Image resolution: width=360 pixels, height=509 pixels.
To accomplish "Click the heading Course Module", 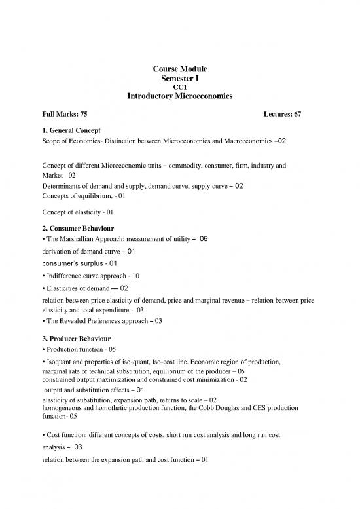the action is [x=180, y=70].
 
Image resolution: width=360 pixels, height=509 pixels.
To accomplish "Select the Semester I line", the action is [x=180, y=79].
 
